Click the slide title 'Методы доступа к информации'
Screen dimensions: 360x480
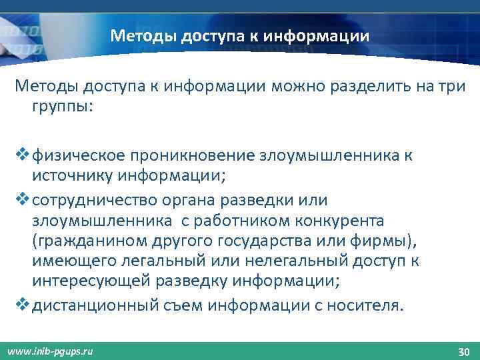239,35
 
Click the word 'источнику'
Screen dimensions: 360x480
73,176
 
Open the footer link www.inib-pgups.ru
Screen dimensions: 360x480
50,351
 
